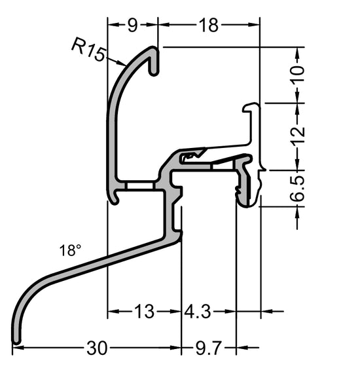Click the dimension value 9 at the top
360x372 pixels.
click(132, 25)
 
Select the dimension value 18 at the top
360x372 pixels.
click(209, 25)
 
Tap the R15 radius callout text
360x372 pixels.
click(88, 49)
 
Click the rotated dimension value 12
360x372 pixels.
click(298, 135)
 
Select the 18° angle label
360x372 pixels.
click(70, 251)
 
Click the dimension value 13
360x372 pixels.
click(144, 311)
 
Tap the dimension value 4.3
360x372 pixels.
click(197, 311)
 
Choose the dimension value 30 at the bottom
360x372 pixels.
click(97, 348)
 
